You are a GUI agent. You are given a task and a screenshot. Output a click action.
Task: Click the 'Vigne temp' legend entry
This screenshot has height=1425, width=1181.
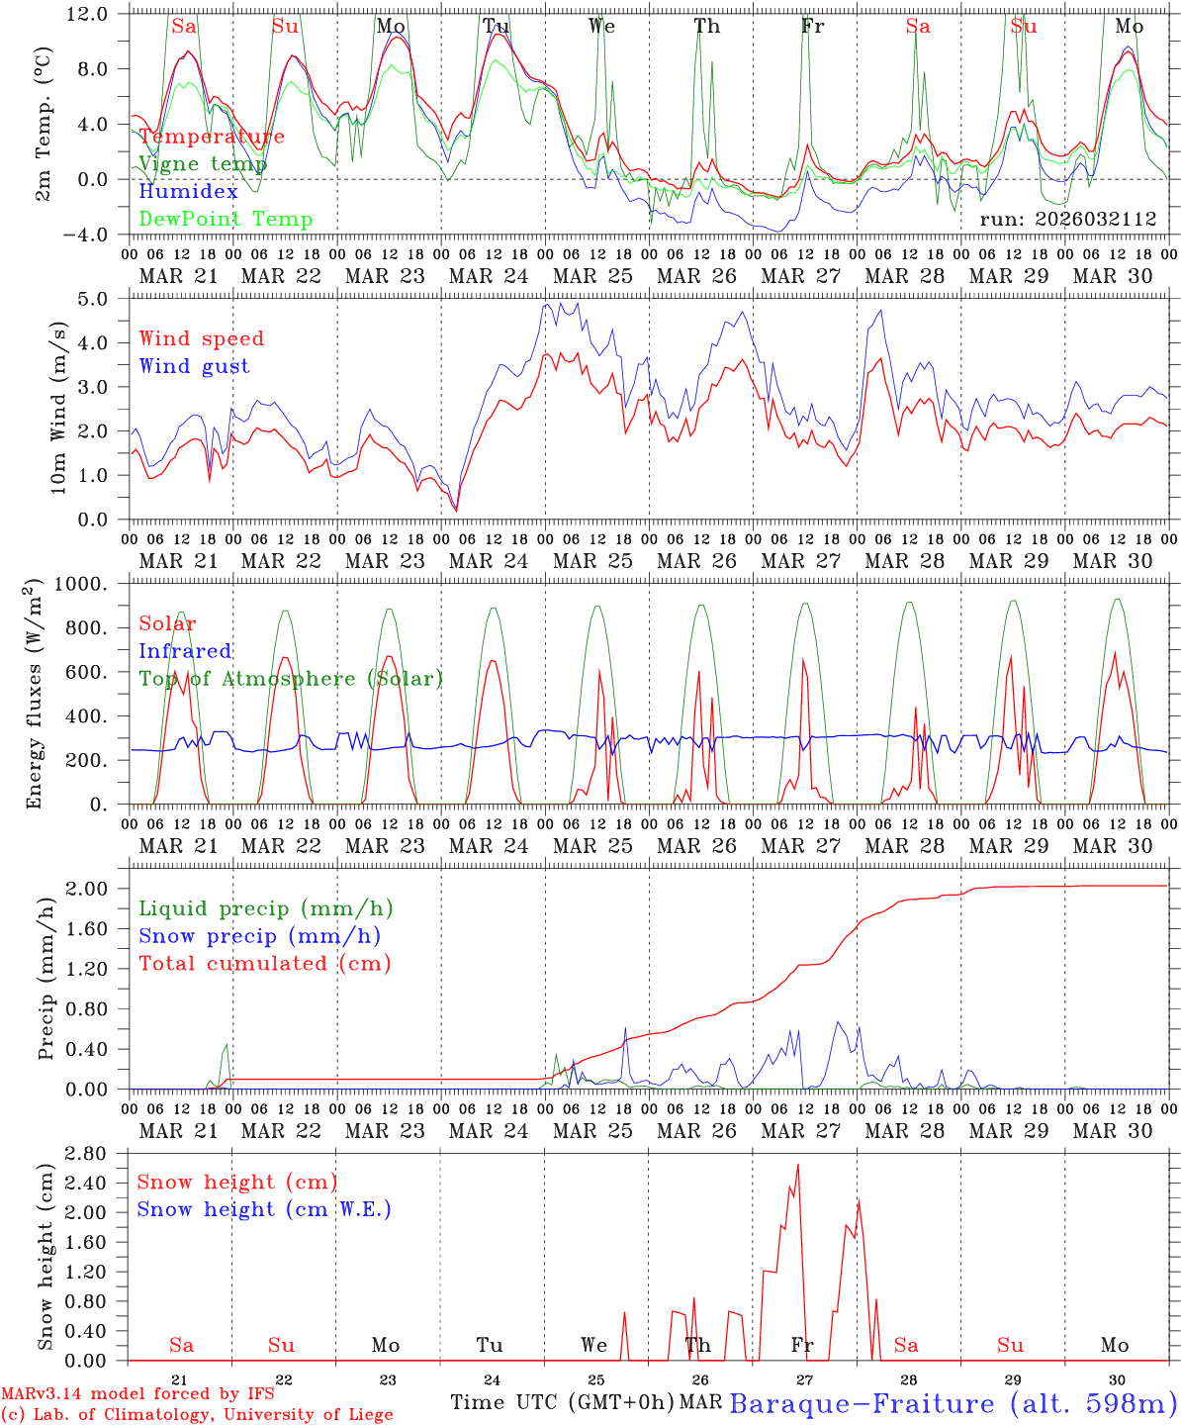click(x=203, y=164)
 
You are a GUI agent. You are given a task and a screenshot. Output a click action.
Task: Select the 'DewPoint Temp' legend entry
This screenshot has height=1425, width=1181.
click(x=226, y=220)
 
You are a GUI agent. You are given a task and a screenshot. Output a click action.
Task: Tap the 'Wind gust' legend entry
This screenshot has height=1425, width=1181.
click(x=194, y=367)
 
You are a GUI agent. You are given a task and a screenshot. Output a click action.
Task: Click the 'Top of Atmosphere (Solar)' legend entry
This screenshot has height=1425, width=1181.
click(x=291, y=679)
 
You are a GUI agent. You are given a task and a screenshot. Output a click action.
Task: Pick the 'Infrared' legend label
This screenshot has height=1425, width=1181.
click(x=185, y=651)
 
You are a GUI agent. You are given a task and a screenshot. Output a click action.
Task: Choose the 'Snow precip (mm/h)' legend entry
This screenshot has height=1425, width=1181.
click(x=259, y=936)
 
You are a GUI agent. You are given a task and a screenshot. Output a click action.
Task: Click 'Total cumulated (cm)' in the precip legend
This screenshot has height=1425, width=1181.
click(x=264, y=964)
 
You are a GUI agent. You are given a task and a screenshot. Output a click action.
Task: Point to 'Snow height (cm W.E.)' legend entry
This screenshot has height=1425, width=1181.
click(x=264, y=1209)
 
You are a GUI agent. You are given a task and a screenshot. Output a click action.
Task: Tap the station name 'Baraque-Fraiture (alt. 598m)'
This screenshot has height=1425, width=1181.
click(x=953, y=1403)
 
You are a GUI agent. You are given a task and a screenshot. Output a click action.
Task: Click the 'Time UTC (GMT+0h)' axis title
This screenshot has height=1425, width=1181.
click(x=562, y=1402)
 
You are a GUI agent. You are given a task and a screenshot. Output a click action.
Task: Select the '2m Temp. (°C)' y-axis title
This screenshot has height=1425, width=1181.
click(x=44, y=125)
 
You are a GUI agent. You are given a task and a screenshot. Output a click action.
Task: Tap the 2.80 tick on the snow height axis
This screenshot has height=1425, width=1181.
click(x=87, y=1154)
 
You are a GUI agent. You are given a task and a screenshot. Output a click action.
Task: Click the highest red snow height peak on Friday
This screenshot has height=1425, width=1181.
click(x=797, y=1166)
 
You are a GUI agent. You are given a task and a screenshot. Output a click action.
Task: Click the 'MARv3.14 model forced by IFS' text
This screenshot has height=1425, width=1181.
click(x=136, y=1394)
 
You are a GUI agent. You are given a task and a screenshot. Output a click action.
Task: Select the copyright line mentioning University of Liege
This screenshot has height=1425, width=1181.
click(x=197, y=1415)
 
